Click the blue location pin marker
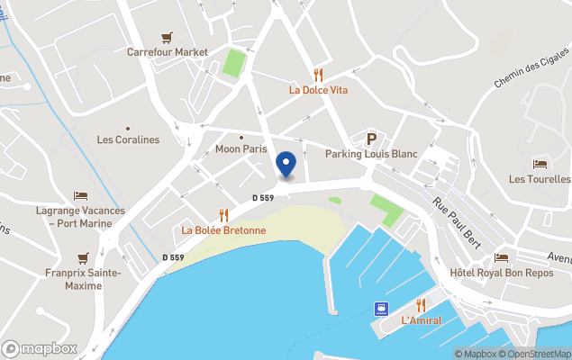click(286, 165)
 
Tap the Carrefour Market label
click(167, 52)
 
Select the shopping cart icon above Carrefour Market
click(167, 38)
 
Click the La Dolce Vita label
click(318, 90)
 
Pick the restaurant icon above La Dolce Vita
click(318, 75)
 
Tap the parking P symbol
click(370, 139)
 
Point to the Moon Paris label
click(241, 148)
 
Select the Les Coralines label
click(128, 139)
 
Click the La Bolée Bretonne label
click(223, 230)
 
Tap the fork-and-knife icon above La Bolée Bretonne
click(223, 215)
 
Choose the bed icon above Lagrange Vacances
click(80, 195)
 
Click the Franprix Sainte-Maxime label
click(82, 278)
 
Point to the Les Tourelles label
click(540, 179)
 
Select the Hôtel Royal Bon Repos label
click(501, 273)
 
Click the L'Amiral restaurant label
click(421, 320)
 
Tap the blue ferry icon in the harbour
click(382, 308)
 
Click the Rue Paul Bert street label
click(456, 221)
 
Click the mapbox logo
click(40, 348)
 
